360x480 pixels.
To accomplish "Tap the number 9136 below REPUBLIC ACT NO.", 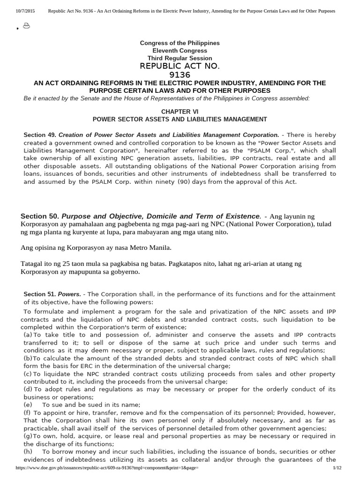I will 180,75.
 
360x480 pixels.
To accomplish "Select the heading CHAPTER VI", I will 180,112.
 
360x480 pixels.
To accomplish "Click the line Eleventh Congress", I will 180,51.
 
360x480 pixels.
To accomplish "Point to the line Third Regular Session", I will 180,58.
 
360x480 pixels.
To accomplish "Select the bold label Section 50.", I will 40,216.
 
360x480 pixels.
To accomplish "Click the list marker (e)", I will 28,405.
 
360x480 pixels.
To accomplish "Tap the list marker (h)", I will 28,451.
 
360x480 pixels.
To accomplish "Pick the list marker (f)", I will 27,412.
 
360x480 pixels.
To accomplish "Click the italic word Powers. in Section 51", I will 69,294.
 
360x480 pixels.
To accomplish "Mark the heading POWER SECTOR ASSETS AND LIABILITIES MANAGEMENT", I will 180,120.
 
